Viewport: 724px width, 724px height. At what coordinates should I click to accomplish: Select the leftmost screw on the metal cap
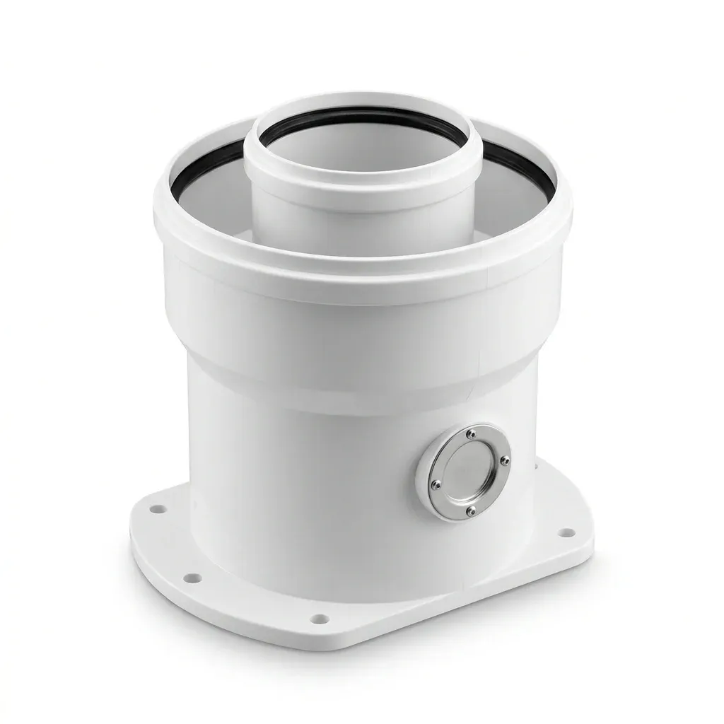(x=436, y=484)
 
